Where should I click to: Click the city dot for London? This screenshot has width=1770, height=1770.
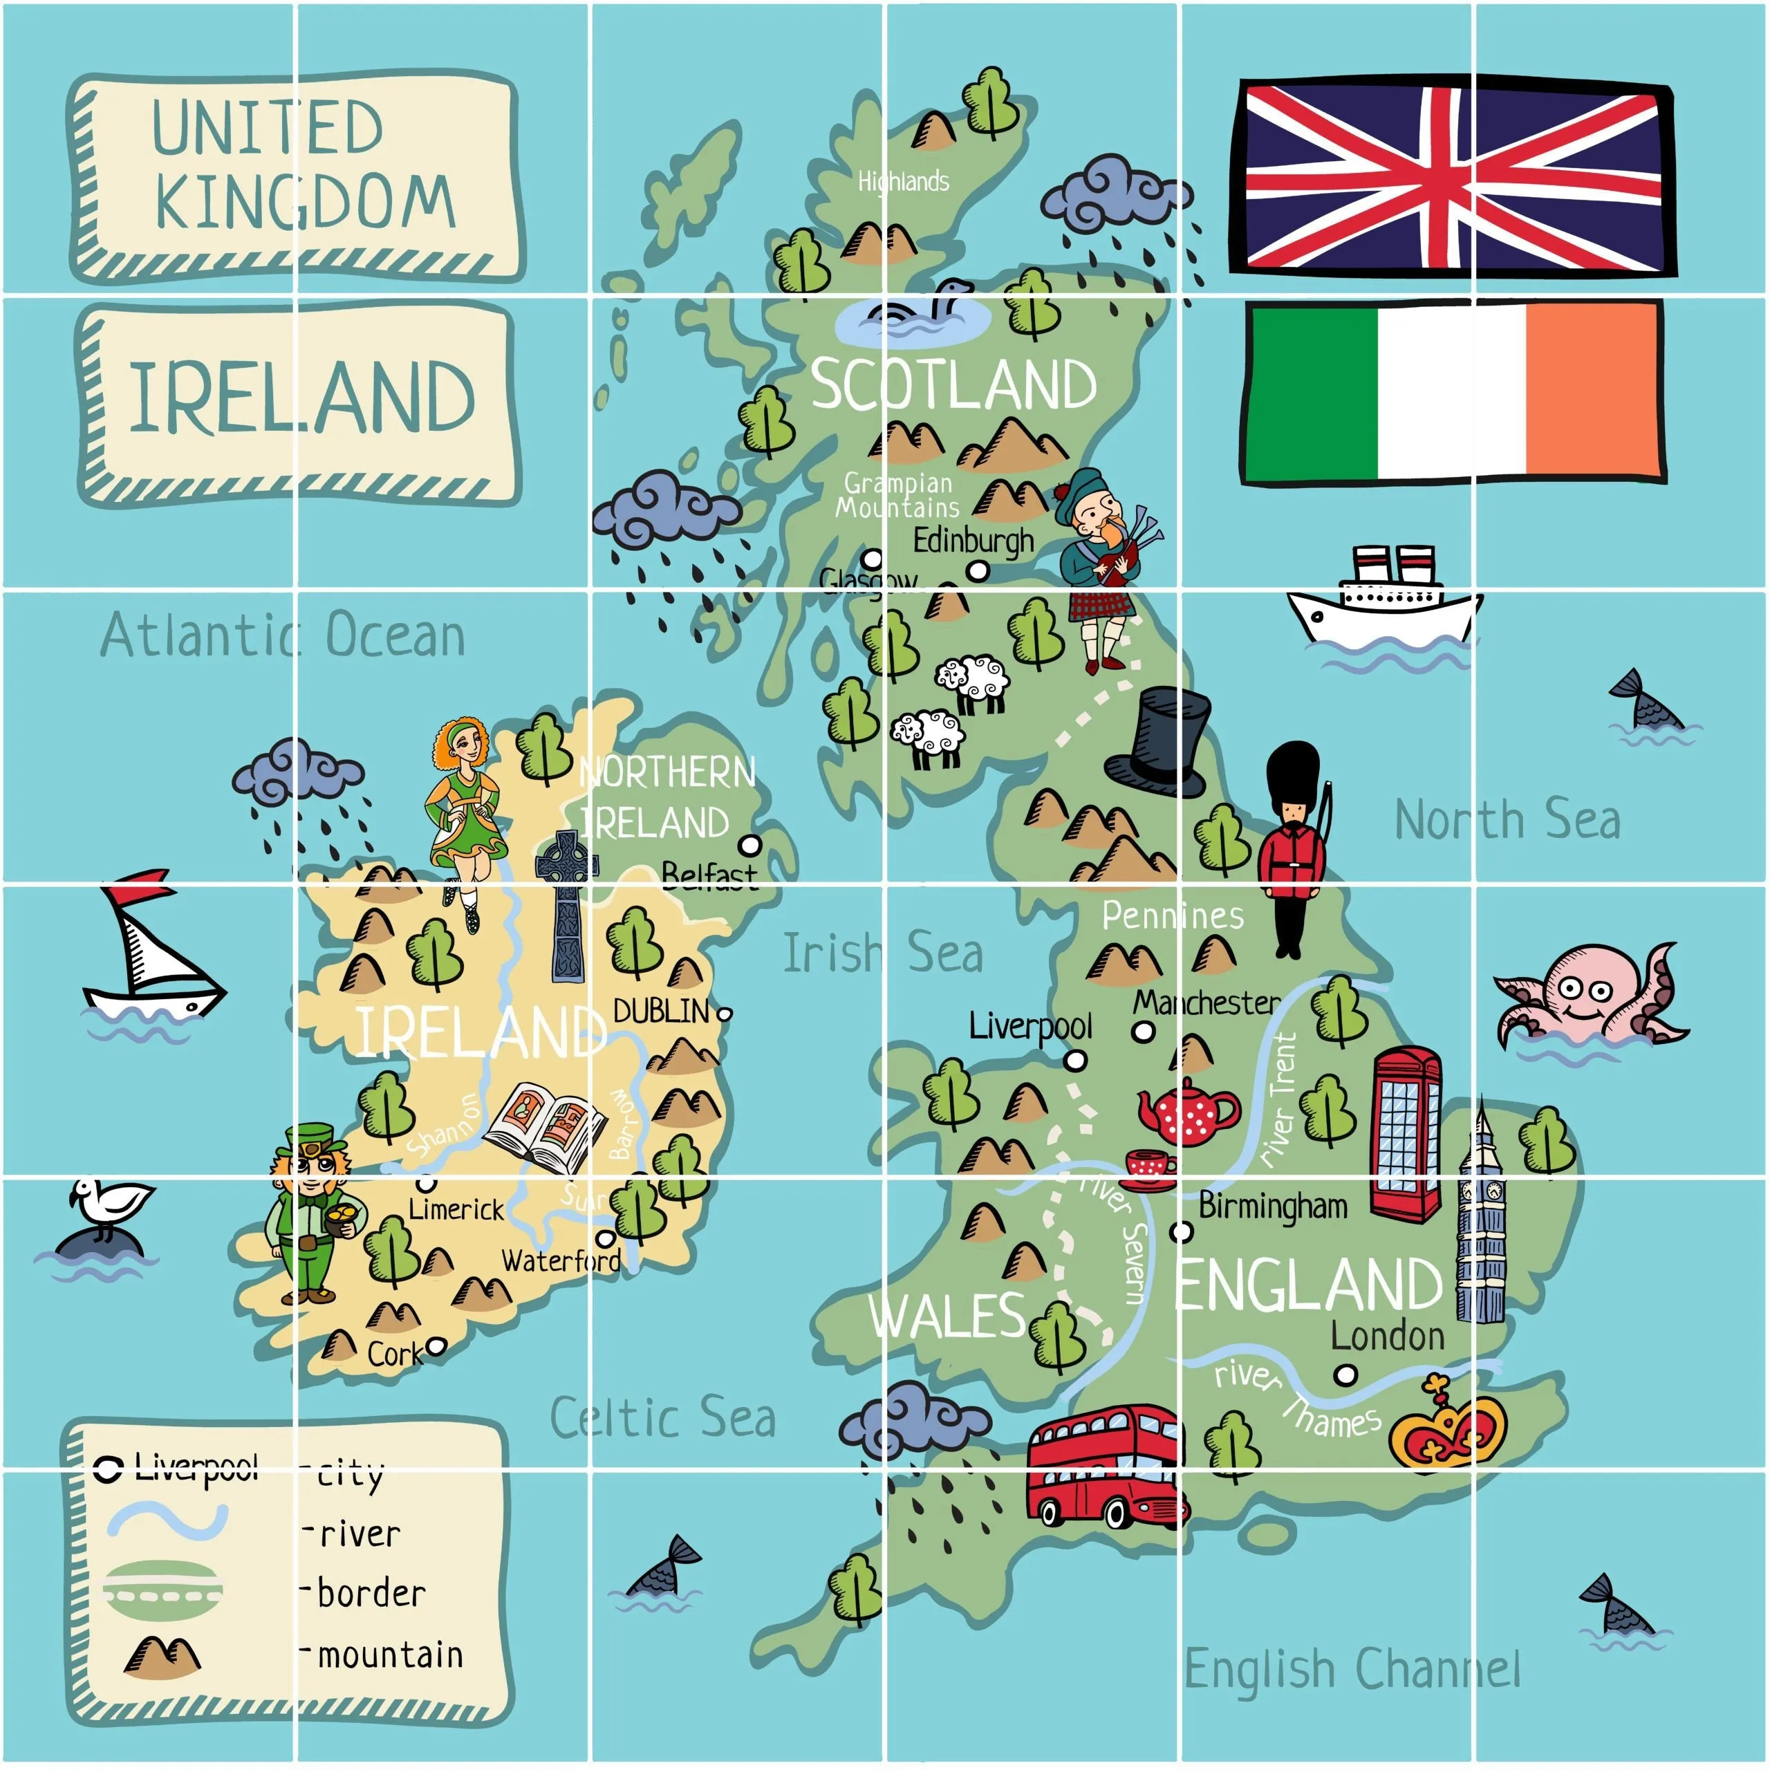click(x=1345, y=1375)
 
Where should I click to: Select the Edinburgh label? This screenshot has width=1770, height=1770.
click(x=973, y=541)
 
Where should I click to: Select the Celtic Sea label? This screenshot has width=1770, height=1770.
click(x=663, y=1417)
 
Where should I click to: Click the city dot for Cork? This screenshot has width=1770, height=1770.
click(x=437, y=1346)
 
